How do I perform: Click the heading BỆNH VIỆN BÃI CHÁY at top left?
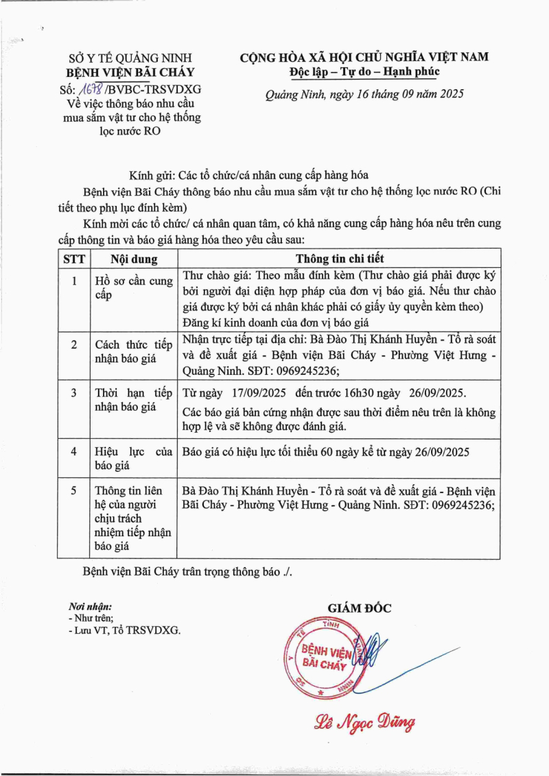pyautogui.click(x=130, y=72)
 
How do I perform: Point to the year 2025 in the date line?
pyautogui.click(x=447, y=95)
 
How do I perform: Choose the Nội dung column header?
pyautogui.click(x=134, y=259)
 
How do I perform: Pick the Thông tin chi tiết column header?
pyautogui.click(x=340, y=259)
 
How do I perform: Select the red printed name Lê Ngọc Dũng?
pyautogui.click(x=364, y=722)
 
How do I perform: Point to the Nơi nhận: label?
pyautogui.click(x=90, y=606)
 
